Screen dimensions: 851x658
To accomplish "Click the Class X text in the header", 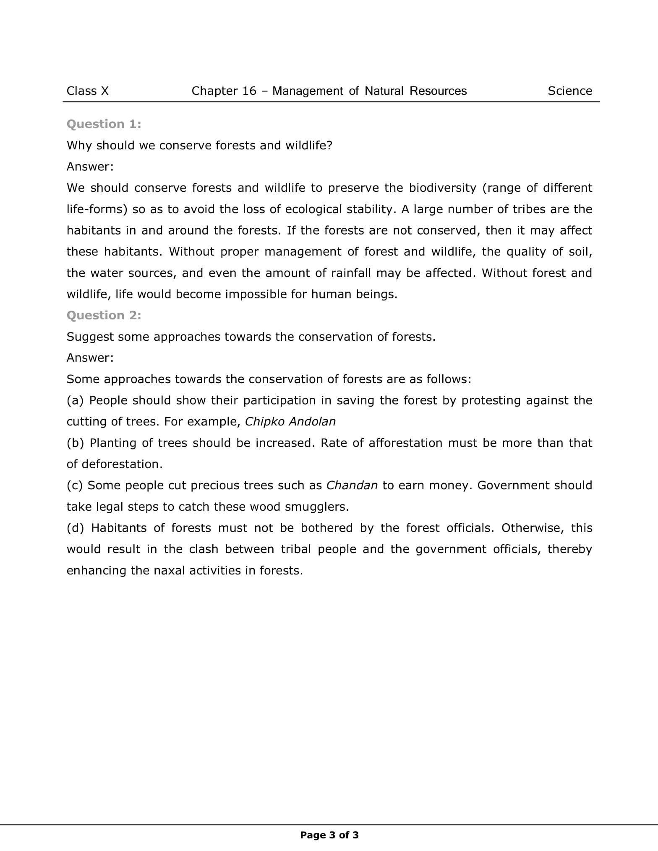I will pos(87,91).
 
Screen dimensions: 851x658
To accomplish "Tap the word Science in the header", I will pos(569,91).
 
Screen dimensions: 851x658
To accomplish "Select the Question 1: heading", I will pos(104,124).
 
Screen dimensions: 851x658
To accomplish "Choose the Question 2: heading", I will pos(104,315).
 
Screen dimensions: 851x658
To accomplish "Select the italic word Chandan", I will pos(352,486).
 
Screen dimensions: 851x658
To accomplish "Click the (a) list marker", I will pos(76,401).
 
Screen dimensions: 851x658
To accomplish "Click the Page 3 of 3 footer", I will pos(329,835).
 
